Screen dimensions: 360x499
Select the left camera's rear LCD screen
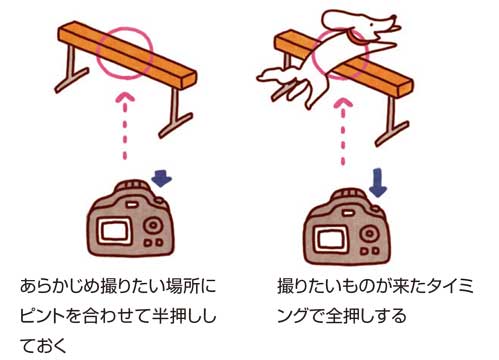117,231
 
